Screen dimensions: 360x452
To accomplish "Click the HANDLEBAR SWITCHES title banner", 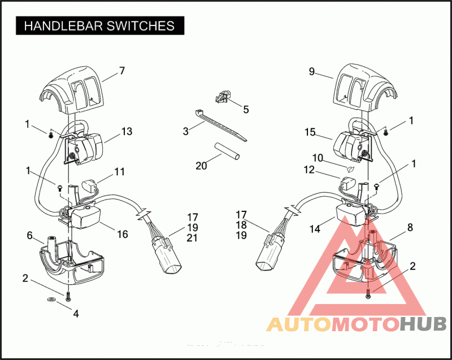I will [99, 25].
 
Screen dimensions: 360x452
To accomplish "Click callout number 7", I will [121, 71].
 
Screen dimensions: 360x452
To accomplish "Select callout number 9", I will [311, 72].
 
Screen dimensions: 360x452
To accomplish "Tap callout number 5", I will [246, 109].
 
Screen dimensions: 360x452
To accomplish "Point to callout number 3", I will [185, 132].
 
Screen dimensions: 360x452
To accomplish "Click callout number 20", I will [201, 166].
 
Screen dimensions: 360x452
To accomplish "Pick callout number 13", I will [127, 132].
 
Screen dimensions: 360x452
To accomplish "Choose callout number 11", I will [119, 171].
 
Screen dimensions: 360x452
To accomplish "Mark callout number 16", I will [122, 233].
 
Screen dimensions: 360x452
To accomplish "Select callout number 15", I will [310, 132].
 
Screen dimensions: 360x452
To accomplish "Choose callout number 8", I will [410, 227].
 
